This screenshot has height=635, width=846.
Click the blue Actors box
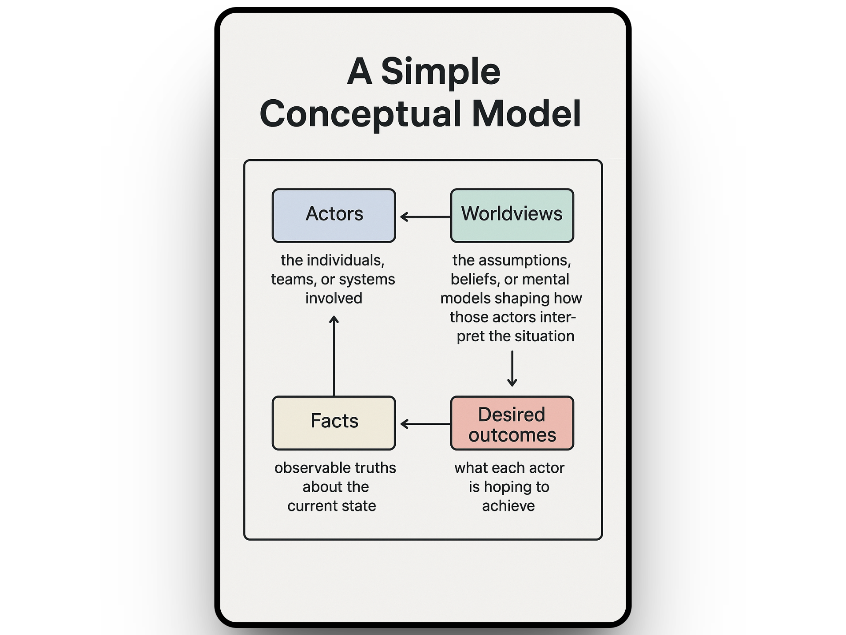[334, 216]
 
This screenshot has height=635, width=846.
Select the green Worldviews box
[512, 216]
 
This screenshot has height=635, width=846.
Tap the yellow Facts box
[334, 423]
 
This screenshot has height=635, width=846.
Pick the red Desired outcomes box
[512, 423]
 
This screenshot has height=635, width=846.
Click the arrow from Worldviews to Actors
[425, 217]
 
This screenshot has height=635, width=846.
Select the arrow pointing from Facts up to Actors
[334, 356]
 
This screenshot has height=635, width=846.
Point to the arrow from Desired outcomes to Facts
[425, 424]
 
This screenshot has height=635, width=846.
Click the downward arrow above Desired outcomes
[512, 369]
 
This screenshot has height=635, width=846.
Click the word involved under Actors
[334, 298]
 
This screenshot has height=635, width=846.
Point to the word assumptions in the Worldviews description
[525, 261]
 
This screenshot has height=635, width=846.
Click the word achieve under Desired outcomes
[508, 506]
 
